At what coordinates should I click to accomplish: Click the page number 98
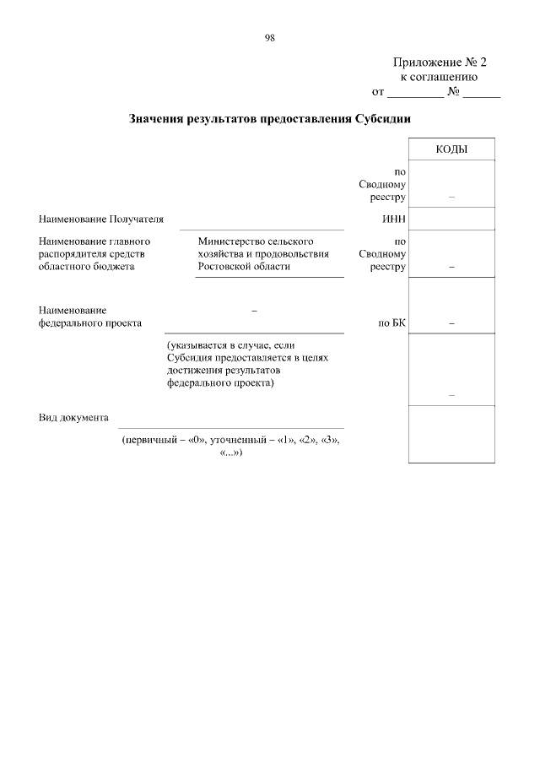pyautogui.click(x=270, y=38)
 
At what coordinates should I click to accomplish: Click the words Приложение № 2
pyautogui.click(x=440, y=62)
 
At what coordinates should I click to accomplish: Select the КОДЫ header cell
pyautogui.click(x=451, y=149)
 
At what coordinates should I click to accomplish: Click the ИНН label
pyautogui.click(x=395, y=219)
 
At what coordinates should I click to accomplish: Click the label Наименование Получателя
pyautogui.click(x=100, y=219)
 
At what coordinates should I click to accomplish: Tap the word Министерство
pyautogui.click(x=228, y=241)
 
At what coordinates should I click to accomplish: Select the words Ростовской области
pyautogui.click(x=244, y=266)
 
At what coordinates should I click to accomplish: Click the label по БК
pyautogui.click(x=393, y=322)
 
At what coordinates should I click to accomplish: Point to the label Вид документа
pyautogui.click(x=73, y=417)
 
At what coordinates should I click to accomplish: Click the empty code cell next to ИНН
pyautogui.click(x=451, y=219)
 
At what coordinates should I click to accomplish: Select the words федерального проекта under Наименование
pyautogui.click(x=89, y=322)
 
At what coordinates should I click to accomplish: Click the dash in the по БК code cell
pyautogui.click(x=451, y=322)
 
